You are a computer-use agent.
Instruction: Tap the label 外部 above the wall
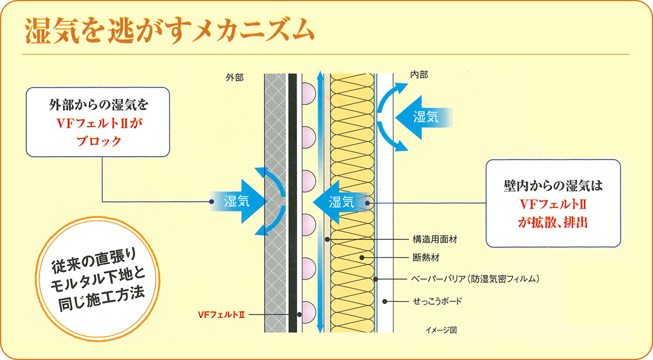(x=235, y=77)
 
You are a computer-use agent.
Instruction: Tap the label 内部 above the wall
(x=419, y=75)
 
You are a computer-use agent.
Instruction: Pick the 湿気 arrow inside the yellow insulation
(x=342, y=202)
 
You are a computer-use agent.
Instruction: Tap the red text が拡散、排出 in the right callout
(x=552, y=221)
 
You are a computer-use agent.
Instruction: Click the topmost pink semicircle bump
(x=310, y=95)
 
